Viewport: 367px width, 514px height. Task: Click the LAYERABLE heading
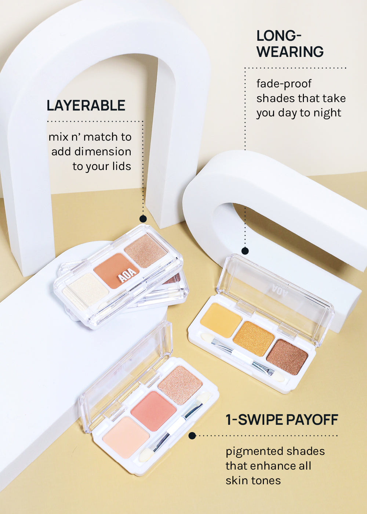[86, 106]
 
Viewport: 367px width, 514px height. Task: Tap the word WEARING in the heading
[290, 52]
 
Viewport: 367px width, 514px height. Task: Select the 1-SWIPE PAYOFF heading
[282, 420]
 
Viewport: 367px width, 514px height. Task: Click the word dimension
[103, 152]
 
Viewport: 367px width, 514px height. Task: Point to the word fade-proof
[284, 84]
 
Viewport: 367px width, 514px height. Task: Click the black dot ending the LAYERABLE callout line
[143, 219]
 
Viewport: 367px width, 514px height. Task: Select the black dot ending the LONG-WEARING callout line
[245, 251]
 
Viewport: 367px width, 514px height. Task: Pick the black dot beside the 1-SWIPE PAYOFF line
[192, 435]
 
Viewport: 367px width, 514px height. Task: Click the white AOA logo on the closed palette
[128, 275]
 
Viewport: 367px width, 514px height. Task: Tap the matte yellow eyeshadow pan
[221, 320]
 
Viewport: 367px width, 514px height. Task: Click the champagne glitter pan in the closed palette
[145, 251]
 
